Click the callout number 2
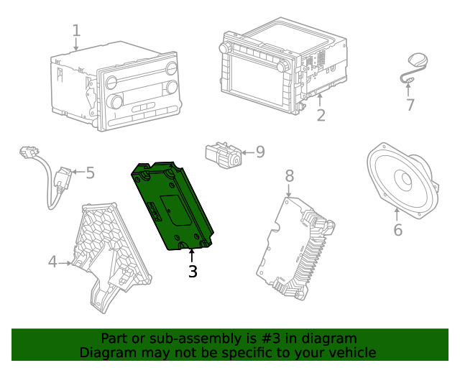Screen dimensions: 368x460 coord(321,115)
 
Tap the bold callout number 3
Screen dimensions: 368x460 coord(192,272)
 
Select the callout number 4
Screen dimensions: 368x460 coord(52,262)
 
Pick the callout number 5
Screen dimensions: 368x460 coord(90,172)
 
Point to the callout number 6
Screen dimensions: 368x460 coord(397,230)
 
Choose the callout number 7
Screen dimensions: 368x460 coord(410,105)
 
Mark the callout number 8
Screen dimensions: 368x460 coord(289,175)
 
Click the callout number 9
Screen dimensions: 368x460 coord(259,152)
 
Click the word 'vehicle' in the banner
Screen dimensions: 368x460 coord(351,352)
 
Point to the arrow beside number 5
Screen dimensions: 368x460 coord(76,172)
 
